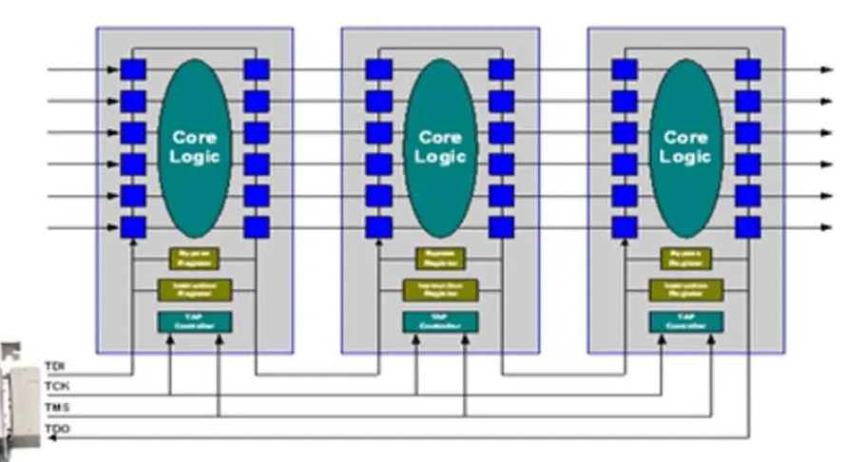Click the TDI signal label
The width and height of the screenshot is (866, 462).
[56, 366]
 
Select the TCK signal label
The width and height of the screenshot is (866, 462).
[56, 387]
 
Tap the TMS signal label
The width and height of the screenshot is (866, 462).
[56, 408]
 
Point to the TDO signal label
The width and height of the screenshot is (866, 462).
[56, 430]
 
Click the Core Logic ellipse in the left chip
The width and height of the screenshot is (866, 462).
[194, 146]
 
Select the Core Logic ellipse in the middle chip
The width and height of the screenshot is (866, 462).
[440, 146]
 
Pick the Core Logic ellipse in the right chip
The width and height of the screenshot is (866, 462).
[685, 146]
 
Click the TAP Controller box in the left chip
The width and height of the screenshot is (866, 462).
[194, 321]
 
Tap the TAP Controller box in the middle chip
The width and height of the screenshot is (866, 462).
[440, 321]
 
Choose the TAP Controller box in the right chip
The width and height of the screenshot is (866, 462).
[685, 321]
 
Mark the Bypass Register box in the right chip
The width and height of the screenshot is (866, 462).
[685, 259]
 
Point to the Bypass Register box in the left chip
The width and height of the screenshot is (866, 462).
[194, 259]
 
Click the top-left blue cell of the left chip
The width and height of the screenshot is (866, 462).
[133, 69]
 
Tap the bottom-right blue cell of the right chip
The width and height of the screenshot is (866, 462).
[748, 227]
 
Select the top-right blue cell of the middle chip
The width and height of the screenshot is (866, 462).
[502, 69]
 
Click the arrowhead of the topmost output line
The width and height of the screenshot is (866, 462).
[826, 69]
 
